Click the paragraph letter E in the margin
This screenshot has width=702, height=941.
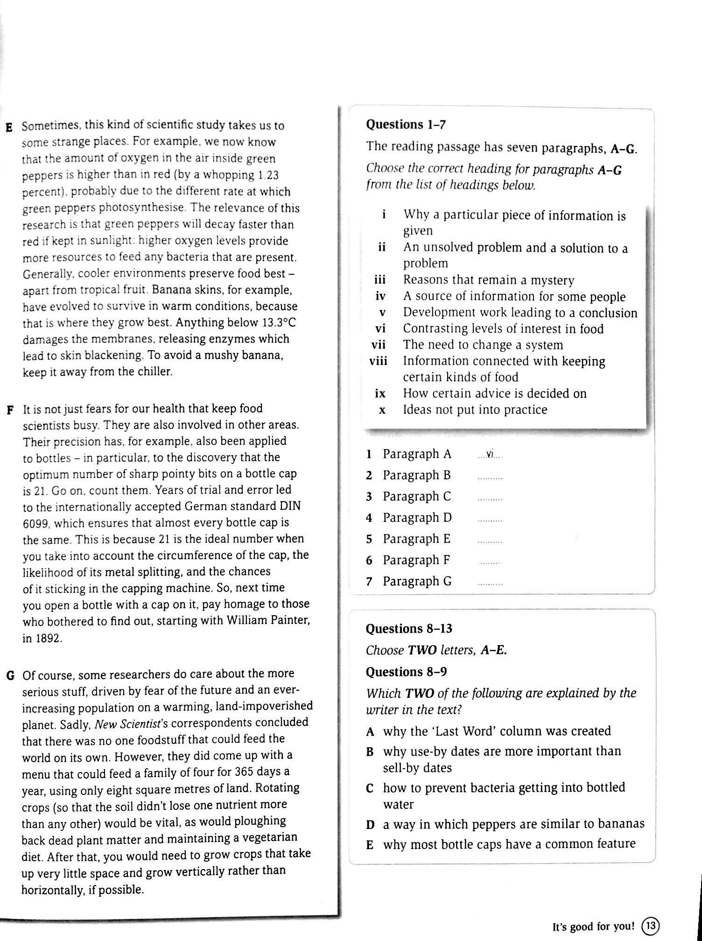8,127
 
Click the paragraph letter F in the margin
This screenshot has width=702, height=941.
9,410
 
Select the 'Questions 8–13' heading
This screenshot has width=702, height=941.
409,629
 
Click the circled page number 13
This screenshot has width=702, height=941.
650,925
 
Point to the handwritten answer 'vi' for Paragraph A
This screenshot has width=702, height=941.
490,454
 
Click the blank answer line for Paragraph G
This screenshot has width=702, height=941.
490,583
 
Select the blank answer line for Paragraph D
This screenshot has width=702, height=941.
490,520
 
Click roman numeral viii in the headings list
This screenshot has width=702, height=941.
379,361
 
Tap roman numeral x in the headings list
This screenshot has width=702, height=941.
382,410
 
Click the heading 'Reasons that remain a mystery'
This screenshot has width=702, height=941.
489,280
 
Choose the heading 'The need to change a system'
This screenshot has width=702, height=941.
483,345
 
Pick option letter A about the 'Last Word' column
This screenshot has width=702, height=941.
370,732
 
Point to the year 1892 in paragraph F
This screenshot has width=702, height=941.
42,638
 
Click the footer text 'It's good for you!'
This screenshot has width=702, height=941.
594,926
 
